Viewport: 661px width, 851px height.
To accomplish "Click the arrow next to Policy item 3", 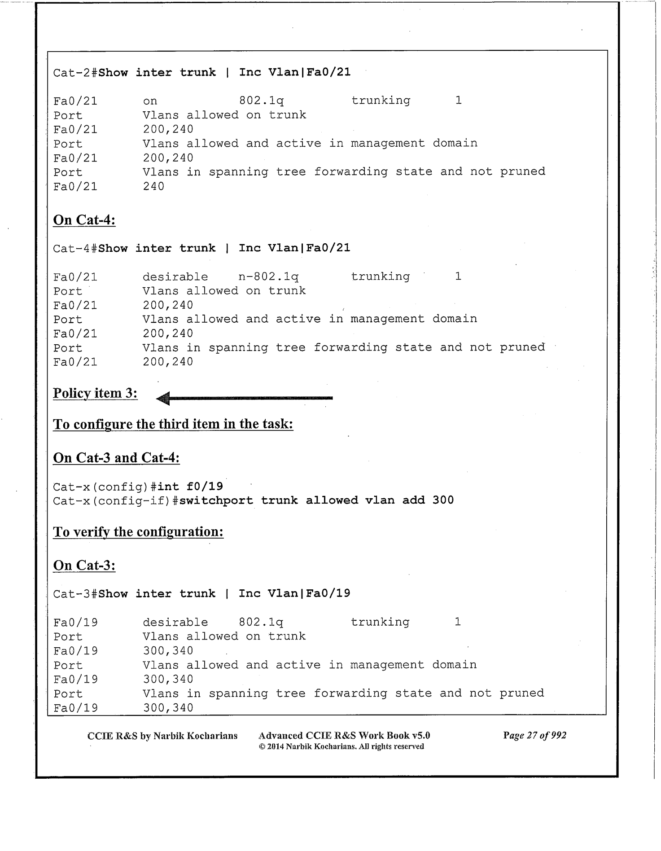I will [x=245, y=398].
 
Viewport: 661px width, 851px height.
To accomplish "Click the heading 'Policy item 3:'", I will [x=95, y=393].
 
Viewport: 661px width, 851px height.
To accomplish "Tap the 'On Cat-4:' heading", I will [x=84, y=220].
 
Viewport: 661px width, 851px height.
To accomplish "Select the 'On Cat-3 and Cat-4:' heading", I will [x=116, y=458].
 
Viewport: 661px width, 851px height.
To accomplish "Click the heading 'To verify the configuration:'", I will [x=138, y=532].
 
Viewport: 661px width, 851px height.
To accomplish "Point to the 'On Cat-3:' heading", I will [x=84, y=566].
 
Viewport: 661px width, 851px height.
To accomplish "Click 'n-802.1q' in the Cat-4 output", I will [x=268, y=276].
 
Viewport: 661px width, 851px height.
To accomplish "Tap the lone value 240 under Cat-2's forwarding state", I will [x=153, y=186].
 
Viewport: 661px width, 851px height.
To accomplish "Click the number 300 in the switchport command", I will [x=443, y=500].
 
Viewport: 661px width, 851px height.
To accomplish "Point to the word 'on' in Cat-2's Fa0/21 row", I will [x=150, y=101].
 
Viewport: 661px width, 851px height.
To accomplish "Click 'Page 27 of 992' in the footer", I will [x=534, y=735].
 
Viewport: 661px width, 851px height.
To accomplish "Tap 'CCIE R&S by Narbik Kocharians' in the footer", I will [x=162, y=736].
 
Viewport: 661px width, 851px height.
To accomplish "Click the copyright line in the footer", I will [x=341, y=746].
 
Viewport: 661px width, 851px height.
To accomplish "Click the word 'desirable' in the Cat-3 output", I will [x=175, y=623].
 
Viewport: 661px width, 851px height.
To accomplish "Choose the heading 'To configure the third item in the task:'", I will [x=173, y=424].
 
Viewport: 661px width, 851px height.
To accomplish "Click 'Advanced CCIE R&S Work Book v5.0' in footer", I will [x=344, y=735].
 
